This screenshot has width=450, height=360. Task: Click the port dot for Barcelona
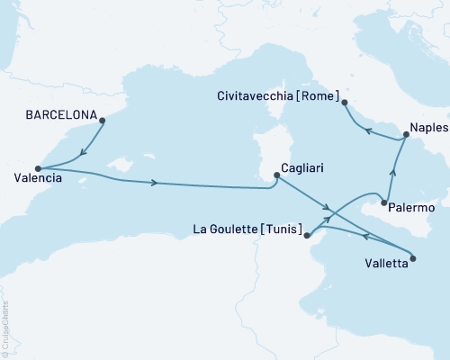tap(102, 120)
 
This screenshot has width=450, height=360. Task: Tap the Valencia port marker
tap(38, 168)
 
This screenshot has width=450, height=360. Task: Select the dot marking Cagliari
tap(274, 176)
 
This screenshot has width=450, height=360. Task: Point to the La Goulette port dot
tap(308, 236)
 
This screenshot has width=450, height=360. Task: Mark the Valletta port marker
tap(413, 260)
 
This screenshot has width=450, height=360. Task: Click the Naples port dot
tap(406, 135)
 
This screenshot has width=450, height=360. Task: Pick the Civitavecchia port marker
tap(345, 103)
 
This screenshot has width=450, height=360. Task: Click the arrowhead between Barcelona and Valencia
tap(83, 152)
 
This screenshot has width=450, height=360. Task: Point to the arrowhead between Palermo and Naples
tap(393, 168)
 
